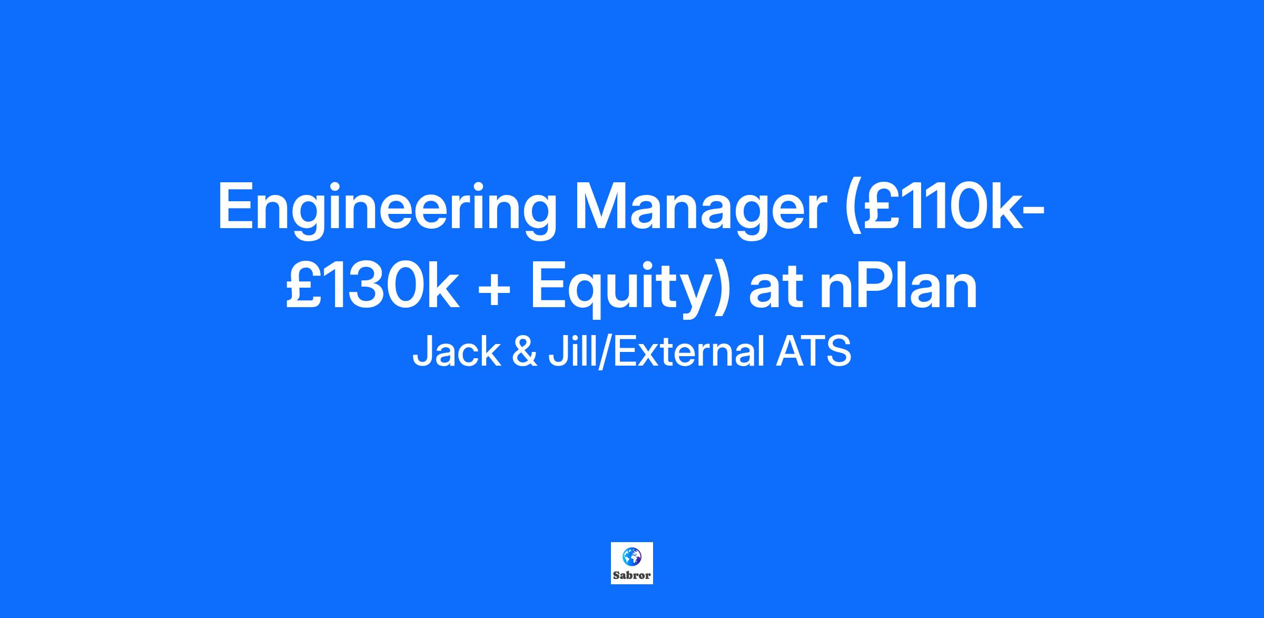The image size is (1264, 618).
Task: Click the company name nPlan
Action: (x=898, y=285)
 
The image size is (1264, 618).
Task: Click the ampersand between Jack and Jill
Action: (x=524, y=352)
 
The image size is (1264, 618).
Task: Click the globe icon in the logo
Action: (x=631, y=555)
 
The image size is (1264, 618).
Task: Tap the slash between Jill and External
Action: (x=604, y=352)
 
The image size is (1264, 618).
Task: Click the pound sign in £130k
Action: (x=301, y=285)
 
